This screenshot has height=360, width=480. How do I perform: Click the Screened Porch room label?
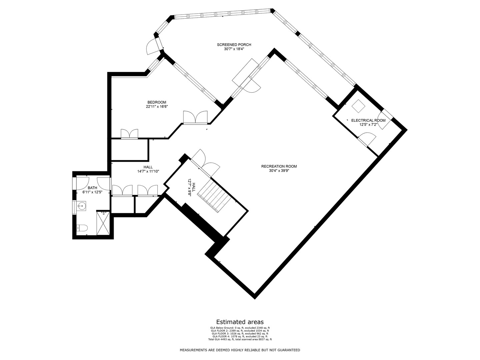[x=234, y=45]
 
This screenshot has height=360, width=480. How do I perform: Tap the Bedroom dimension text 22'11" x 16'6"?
[x=157, y=107]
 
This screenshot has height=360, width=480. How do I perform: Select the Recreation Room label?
[x=279, y=166]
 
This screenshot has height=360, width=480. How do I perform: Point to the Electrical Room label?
[x=368, y=120]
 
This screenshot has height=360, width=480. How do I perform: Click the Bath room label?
[x=93, y=188]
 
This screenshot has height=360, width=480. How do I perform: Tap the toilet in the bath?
[x=82, y=228]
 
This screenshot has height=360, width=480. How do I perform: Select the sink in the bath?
[x=81, y=206]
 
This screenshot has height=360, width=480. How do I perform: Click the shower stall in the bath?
[x=103, y=223]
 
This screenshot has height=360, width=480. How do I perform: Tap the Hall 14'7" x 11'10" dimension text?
[x=148, y=172]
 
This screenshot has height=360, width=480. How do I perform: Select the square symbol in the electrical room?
[x=358, y=106]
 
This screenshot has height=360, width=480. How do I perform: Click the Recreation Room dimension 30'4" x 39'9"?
[x=279, y=171]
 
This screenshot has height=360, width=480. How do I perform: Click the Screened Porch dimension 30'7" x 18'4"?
[x=234, y=49]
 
